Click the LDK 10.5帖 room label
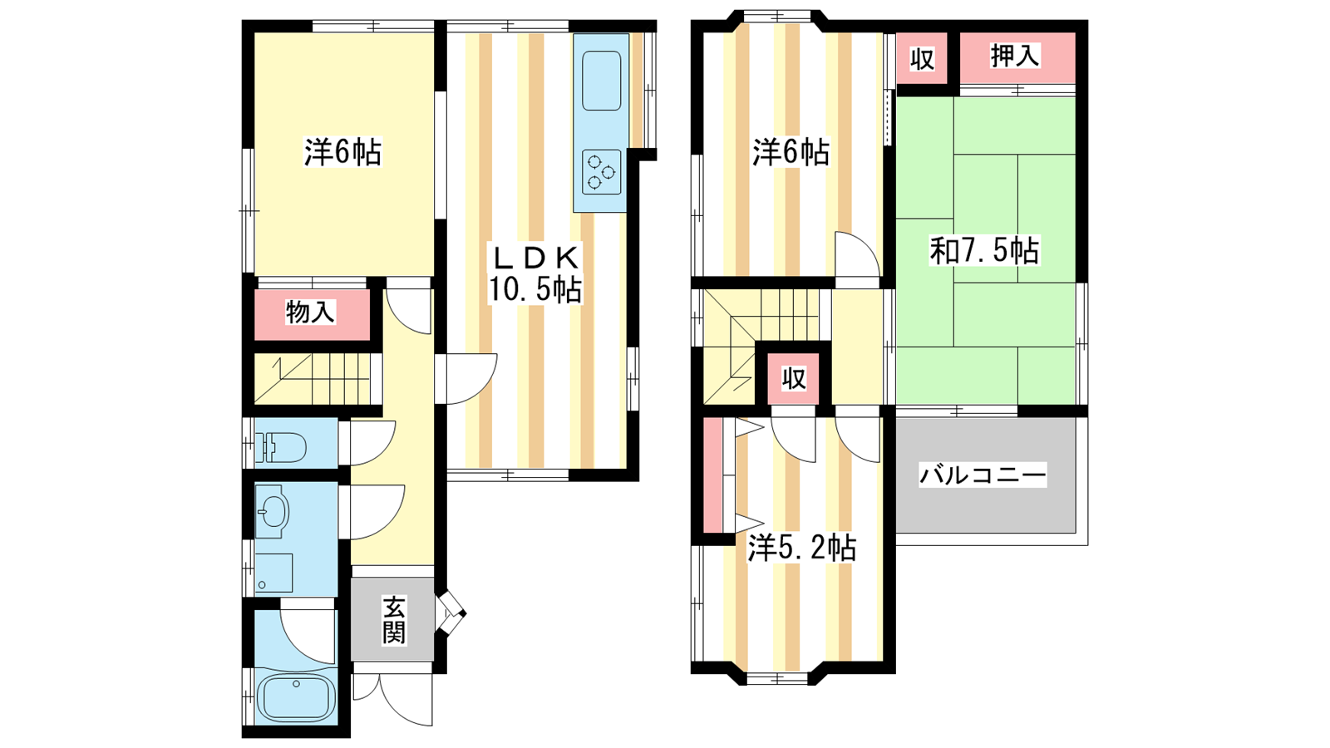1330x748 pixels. [534, 273]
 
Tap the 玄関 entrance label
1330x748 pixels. [394, 621]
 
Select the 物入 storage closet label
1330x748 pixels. [311, 312]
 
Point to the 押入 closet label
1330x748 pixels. [1015, 56]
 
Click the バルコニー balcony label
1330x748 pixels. [983, 475]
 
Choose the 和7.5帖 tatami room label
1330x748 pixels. [984, 250]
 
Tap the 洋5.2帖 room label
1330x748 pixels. [801, 548]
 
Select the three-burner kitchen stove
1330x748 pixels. [602, 171]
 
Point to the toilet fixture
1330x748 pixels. [280, 447]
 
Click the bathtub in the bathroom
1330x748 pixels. [296, 697]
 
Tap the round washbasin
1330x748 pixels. [273, 511]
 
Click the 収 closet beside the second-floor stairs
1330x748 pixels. [793, 378]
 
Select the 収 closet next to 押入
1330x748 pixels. [922, 58]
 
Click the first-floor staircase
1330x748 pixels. [313, 378]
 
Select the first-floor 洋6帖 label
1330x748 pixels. [342, 152]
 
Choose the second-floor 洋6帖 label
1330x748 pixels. [791, 152]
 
